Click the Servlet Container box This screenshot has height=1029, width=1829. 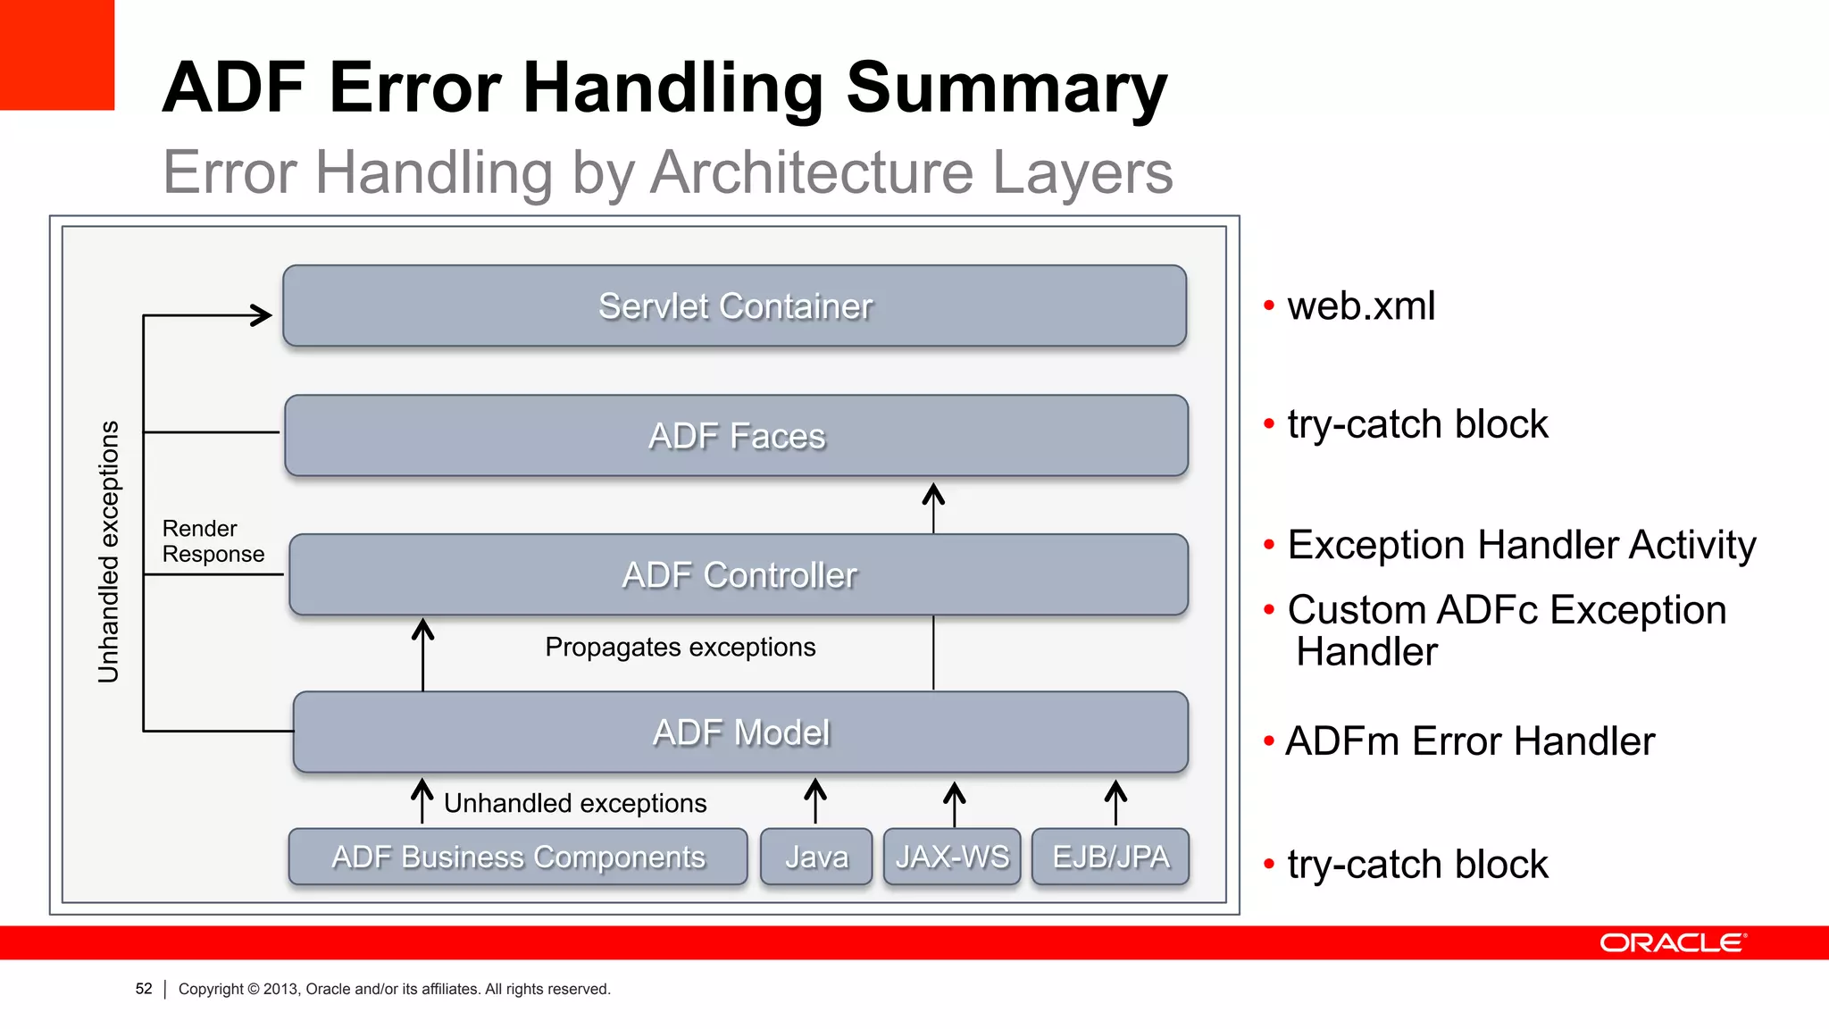734,305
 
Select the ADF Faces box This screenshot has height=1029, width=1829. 736,436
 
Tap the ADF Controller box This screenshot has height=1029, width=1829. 739,574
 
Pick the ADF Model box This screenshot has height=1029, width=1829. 740,732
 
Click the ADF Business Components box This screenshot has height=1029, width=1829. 518,857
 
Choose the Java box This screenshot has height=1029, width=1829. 816,857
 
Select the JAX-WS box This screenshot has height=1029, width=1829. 952,857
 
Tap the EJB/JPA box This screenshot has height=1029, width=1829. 1110,857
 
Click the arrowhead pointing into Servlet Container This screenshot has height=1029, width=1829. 261,315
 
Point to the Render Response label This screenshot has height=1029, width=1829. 213,541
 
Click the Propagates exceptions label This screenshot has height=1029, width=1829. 680,647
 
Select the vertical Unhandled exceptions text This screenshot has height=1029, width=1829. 108,551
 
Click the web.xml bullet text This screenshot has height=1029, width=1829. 1360,306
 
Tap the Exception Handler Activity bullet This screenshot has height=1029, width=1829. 1521,545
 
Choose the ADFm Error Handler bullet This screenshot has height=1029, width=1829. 1469,741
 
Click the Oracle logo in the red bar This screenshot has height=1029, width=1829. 1672,943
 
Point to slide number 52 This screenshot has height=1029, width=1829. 144,989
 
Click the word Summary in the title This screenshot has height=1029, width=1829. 1006,88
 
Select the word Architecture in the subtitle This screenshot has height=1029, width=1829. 811,171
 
